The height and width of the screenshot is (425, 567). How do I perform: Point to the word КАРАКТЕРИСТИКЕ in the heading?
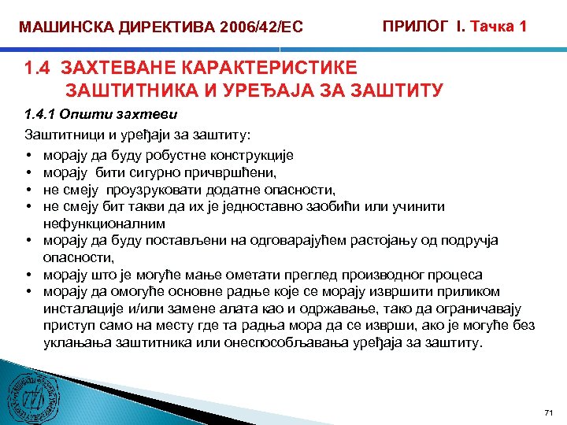point(261,68)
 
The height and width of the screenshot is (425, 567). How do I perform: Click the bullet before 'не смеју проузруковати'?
point(28,190)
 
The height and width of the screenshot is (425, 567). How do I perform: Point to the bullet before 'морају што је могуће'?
point(28,275)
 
